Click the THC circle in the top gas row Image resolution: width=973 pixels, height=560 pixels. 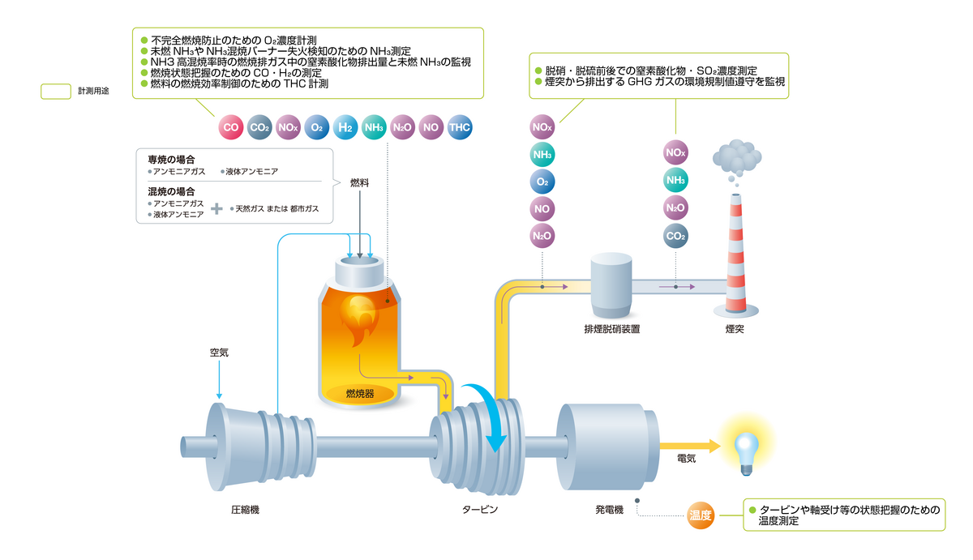click(459, 127)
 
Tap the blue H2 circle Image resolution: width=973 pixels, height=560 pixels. click(345, 127)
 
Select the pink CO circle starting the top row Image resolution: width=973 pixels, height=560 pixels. click(231, 127)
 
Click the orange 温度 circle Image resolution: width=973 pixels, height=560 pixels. click(700, 515)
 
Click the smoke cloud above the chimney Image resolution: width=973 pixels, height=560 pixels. click(737, 157)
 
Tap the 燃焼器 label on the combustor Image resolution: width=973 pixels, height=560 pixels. click(358, 394)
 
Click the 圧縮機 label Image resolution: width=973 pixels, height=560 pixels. click(245, 510)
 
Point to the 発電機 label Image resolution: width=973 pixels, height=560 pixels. click(608, 510)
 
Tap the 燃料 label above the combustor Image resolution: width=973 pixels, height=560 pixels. click(359, 183)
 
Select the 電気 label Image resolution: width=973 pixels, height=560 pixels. click(686, 459)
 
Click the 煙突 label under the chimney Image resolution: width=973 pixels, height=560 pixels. click(735, 330)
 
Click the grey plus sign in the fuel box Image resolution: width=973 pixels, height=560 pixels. click(216, 209)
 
